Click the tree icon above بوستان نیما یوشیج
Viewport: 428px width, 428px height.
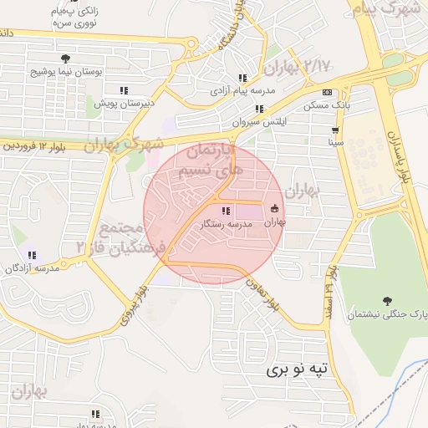point(64,58)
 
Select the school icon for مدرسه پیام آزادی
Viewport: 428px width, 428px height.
point(242,78)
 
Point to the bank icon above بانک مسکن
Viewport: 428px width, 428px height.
point(327,92)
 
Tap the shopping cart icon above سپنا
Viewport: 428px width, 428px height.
point(335,130)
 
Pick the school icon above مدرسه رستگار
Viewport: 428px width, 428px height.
point(226,211)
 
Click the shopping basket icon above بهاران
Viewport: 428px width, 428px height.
point(275,208)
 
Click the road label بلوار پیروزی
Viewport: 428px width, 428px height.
point(137,306)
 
